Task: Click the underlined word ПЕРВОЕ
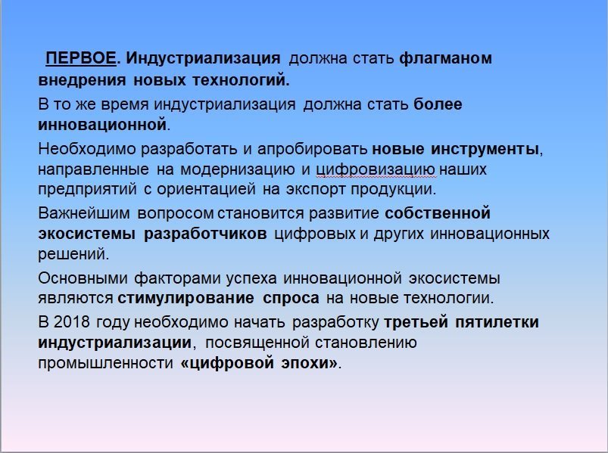pos(81,58)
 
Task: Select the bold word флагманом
pos(445,58)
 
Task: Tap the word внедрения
pos(83,80)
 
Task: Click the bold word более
pos(438,104)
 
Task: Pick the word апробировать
pos(312,149)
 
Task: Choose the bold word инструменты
pos(485,149)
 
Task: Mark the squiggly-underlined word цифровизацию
pos(376,169)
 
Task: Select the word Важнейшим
pos(84,213)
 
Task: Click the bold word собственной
pos(438,213)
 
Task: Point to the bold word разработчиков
pos(205,234)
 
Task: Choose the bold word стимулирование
pos(186,298)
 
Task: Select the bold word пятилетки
pos(497,322)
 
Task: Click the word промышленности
pos(105,363)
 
